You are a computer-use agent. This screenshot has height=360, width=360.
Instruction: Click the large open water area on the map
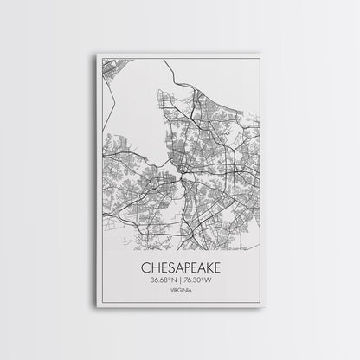138,104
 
